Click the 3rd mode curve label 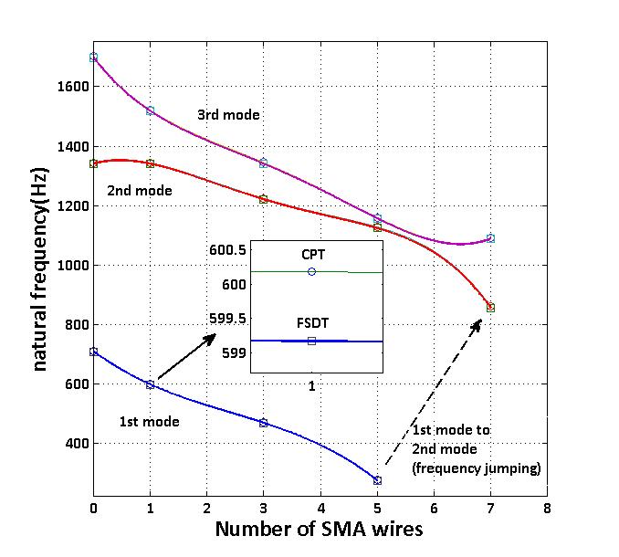click(228, 115)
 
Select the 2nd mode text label click(140, 191)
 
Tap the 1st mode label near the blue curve click(150, 422)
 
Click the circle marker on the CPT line click(312, 271)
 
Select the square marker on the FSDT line click(311, 341)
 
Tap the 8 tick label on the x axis click(547, 506)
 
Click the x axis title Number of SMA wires click(319, 530)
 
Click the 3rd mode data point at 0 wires click(94, 57)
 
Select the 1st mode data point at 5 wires click(377, 480)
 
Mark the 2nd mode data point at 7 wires click(490, 308)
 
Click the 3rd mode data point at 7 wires click(490, 238)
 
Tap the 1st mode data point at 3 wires click(264, 423)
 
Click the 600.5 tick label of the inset click(227, 250)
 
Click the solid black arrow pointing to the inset click(186, 357)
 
